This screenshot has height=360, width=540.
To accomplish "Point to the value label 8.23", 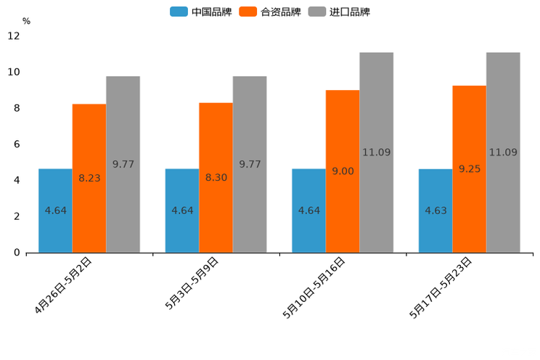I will (x=90, y=178).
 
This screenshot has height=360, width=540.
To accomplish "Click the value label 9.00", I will (x=343, y=171).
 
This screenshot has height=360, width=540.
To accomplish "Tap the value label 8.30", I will (x=216, y=178).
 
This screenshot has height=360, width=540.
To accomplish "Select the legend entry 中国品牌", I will (x=201, y=12).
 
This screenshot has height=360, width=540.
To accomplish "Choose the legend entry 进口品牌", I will (x=339, y=12).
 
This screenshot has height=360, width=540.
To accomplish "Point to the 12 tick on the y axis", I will (x=14, y=36).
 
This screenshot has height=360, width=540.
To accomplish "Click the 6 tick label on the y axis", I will (x=16, y=144).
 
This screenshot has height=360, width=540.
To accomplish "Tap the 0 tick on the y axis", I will (x=16, y=253).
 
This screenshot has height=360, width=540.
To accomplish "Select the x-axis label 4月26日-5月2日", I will (x=64, y=285).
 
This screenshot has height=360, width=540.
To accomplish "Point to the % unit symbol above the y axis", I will (x=26, y=21).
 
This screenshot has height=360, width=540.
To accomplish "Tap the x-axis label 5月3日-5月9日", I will (x=192, y=284).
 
